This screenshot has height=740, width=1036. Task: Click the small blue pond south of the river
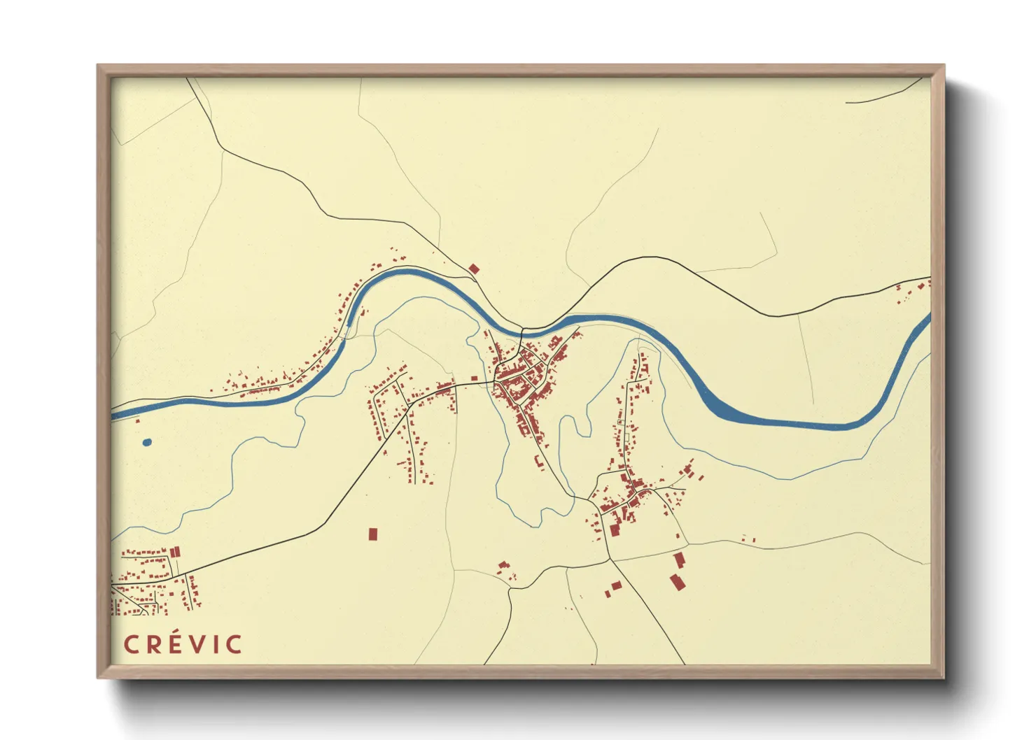pos(147,442)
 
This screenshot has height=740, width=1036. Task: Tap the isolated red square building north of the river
pos(474,269)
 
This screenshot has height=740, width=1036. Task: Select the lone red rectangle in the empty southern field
pos(373,534)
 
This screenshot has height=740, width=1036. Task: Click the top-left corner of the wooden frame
pos(99,67)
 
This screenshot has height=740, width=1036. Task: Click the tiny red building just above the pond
pos(137,420)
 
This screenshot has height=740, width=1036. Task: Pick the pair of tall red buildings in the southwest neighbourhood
pos(175,552)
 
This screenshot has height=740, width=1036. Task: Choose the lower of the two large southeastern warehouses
pos(676,582)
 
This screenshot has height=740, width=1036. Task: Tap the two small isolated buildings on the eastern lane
pos(749,539)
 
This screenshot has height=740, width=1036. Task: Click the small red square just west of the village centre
pos(474,378)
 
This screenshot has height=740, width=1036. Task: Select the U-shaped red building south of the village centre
pos(538,462)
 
